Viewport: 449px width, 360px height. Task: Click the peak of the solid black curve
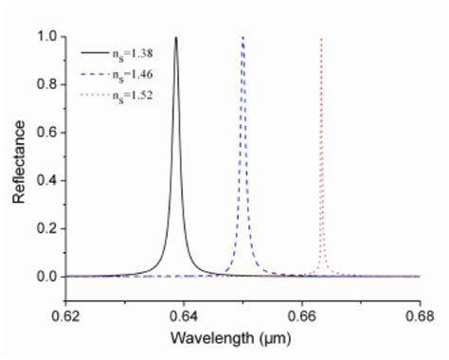[176, 38]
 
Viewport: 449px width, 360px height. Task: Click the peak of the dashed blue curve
[243, 38]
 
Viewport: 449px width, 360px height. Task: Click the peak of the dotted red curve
[321, 39]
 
